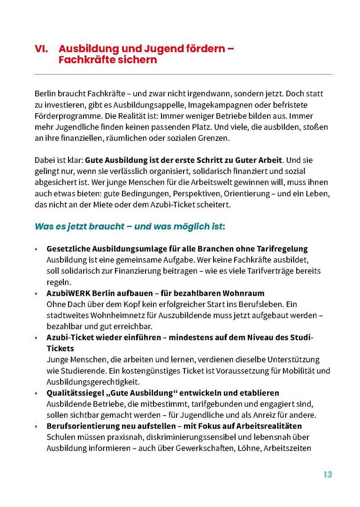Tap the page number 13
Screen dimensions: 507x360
point(327,475)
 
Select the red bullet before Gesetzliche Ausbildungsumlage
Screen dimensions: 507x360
point(36,249)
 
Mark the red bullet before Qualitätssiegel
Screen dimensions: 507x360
point(36,393)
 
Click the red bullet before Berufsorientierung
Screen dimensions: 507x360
point(36,426)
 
